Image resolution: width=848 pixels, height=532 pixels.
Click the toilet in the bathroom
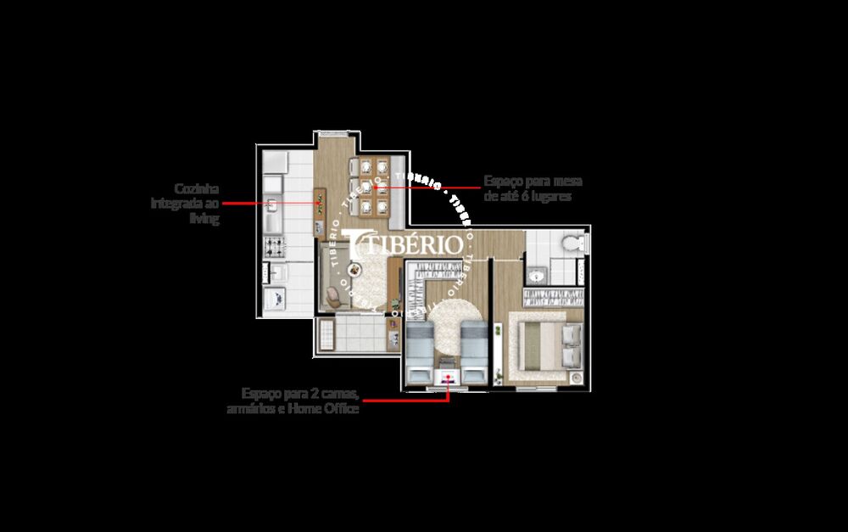574,244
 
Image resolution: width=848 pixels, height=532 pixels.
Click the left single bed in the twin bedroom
421,350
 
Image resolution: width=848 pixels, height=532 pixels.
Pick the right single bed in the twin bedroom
473,350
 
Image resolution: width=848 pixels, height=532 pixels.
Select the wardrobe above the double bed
552,298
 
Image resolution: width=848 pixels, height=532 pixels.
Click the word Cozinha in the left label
198,188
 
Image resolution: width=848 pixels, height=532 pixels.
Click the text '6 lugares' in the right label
549,195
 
